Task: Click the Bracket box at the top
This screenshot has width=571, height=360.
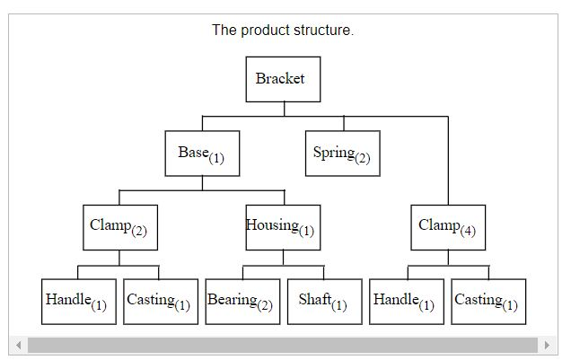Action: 284,79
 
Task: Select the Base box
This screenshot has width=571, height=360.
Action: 201,154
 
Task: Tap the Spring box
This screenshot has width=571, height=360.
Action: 342,154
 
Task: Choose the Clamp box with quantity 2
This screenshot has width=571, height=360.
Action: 119,227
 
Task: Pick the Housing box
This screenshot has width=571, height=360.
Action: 283,227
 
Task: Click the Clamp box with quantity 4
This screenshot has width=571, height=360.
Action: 448,227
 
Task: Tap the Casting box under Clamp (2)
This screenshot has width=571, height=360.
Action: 160,301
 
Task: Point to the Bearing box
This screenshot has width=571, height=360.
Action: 242,301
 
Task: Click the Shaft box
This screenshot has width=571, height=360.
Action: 324,301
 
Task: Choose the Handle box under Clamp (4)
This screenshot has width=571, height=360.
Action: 407,301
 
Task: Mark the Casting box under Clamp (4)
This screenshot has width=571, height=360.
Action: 488,301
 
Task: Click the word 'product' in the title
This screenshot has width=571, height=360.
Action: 268,31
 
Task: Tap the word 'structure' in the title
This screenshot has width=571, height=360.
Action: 324,31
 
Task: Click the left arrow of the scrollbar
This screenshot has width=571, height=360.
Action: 17,346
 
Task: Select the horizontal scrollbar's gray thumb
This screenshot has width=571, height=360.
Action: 282,346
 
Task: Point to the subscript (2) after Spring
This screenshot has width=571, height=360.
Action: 362,159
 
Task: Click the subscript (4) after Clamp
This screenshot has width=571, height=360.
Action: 468,233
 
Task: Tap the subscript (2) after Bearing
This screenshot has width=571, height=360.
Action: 265,306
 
